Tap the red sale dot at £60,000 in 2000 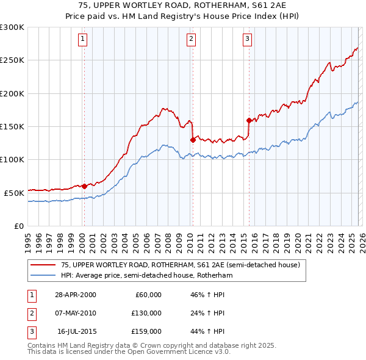point(84,185)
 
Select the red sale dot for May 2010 point(193,140)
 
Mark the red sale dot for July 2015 point(249,120)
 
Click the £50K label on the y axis point(14,192)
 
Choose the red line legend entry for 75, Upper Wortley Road point(180,265)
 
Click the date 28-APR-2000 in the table point(76,295)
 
